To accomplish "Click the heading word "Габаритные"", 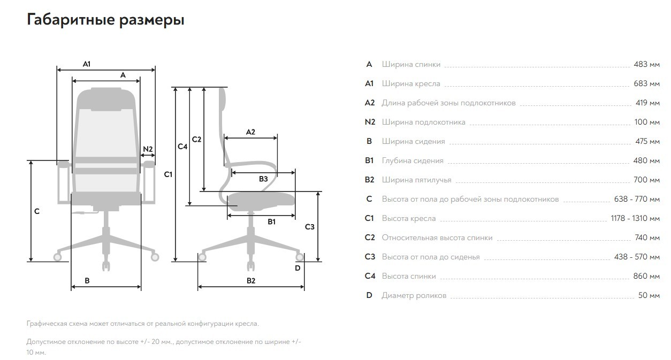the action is click(71, 20).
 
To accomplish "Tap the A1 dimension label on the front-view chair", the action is click(87, 64).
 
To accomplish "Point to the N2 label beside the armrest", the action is click(148, 149).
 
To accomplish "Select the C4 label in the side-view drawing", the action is click(182, 147).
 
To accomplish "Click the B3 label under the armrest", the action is click(263, 179).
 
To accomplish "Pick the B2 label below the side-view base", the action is click(251, 281).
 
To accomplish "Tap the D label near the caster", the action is click(298, 268).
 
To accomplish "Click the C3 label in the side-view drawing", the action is click(310, 227).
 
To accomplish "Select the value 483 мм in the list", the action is click(646, 64).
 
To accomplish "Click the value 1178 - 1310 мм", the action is click(635, 218).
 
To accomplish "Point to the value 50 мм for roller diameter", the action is click(649, 295).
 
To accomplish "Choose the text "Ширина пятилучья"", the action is click(416, 180).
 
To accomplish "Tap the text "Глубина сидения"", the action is click(413, 160).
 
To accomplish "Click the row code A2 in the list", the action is click(370, 103).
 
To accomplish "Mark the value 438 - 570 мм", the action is click(637, 257).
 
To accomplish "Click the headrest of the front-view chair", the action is click(106, 99).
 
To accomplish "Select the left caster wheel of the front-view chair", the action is click(57, 257).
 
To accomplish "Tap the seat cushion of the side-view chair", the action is click(261, 199).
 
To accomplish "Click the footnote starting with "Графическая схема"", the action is click(142, 324).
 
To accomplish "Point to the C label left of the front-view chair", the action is click(37, 211).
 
